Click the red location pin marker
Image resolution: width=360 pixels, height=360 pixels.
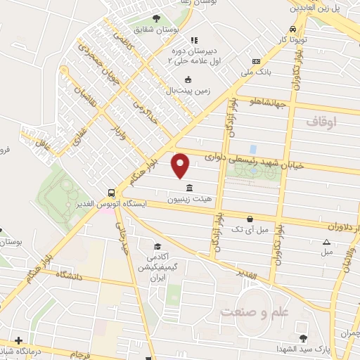181,165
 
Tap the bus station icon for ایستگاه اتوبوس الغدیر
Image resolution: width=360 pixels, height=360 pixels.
111,193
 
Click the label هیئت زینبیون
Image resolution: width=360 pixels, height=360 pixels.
188,199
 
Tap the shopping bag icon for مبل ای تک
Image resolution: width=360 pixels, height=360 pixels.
249,218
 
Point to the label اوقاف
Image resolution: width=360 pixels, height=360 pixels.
321,122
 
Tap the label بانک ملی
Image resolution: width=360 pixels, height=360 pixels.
256,71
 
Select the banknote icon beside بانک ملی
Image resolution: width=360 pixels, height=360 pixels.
256,60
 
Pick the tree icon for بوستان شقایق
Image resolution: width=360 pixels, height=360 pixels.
155,19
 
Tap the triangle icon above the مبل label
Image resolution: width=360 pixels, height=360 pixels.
326,242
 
